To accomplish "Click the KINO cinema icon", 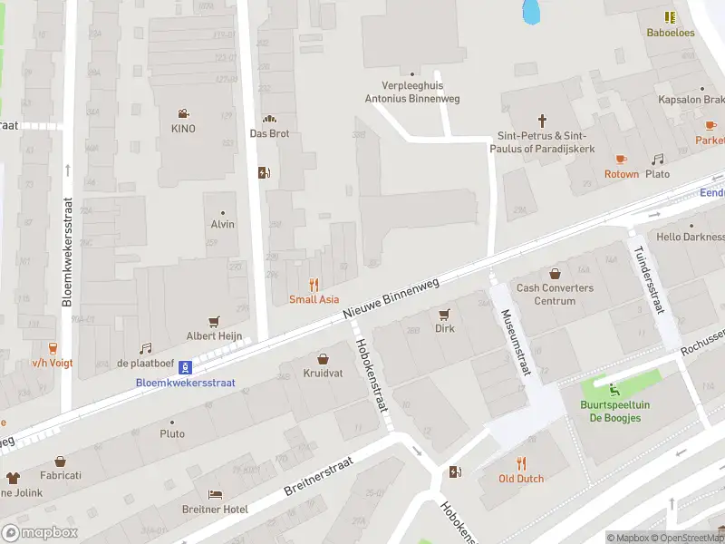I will [183, 113].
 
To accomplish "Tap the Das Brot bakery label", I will [268, 133].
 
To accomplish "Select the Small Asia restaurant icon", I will [314, 284].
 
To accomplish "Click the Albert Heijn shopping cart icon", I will [215, 321].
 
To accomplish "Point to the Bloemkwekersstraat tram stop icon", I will [185, 367].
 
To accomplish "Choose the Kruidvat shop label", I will [323, 374].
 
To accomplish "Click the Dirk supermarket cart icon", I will [444, 314].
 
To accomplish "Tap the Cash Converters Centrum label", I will [555, 295].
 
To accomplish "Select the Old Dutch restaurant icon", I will [521, 462].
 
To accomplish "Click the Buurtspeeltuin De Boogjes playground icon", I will [615, 390].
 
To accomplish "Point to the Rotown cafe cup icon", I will [622, 159].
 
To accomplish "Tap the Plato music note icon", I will [658, 159].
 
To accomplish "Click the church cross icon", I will [543, 120].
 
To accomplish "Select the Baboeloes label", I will [670, 32].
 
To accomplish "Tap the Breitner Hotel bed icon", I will [215, 494].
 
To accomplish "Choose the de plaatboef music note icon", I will [145, 348].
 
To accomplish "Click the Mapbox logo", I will [40, 532].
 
